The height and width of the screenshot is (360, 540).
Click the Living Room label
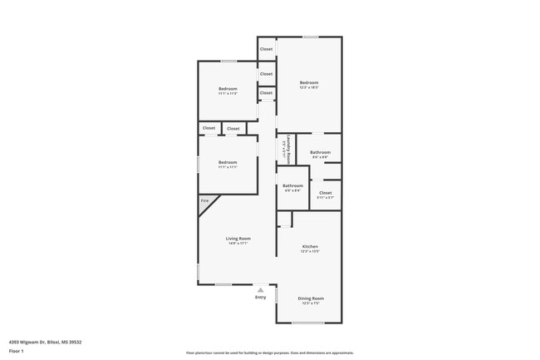pyautogui.click(x=238, y=239)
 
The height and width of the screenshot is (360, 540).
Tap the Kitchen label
pyautogui.click(x=310, y=247)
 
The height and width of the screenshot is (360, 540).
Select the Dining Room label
pyautogui.click(x=311, y=298)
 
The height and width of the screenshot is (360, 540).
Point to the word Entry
pyautogui.click(x=261, y=297)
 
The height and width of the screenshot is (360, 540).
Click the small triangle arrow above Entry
pyautogui.click(x=261, y=289)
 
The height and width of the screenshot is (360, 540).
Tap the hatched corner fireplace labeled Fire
pyautogui.click(x=204, y=202)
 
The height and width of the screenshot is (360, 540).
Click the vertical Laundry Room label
pyautogui.click(x=287, y=148)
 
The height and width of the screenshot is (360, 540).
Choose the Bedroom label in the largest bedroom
pyautogui.click(x=309, y=82)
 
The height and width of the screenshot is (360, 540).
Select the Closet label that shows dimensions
pyautogui.click(x=325, y=193)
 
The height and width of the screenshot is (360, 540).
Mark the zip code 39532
pyautogui.click(x=74, y=342)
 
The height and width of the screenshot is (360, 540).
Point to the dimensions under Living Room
pyautogui.click(x=238, y=244)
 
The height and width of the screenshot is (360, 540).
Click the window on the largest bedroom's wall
pyautogui.click(x=309, y=37)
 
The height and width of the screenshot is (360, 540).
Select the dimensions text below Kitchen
pyautogui.click(x=310, y=252)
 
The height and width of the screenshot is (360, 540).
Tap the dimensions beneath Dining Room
pyautogui.click(x=311, y=303)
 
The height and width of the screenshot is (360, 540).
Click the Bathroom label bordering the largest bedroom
pyautogui.click(x=320, y=152)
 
